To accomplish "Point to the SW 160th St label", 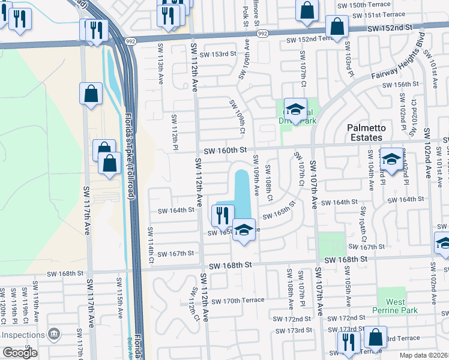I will pyautogui.click(x=225, y=151).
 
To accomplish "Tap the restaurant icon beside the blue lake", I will pyautogui.click(x=223, y=216).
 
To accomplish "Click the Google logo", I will pyautogui.click(x=20, y=353).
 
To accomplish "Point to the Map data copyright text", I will pyautogui.click(x=424, y=355).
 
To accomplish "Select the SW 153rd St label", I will pyautogui.click(x=218, y=54).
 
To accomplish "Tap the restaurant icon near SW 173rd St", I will pyautogui.click(x=348, y=343).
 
